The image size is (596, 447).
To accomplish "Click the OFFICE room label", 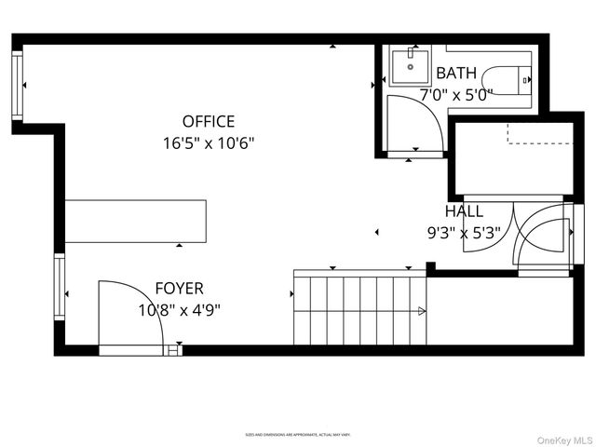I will click(x=209, y=121).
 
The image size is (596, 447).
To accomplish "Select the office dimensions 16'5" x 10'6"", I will click(x=209, y=143).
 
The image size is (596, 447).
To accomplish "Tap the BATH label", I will click(x=455, y=73).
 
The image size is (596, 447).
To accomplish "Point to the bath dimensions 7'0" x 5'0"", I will click(x=455, y=94).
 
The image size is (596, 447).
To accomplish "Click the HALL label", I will click(x=464, y=211).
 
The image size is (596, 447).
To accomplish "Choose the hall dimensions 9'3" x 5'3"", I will click(x=464, y=234).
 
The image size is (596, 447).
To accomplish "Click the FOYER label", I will click(x=179, y=289).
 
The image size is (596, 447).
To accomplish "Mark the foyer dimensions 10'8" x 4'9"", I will click(x=179, y=310).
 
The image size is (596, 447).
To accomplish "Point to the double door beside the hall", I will click(x=545, y=237).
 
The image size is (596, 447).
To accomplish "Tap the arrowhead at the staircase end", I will click(x=422, y=311).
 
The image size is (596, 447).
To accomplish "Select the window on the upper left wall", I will click(x=18, y=86).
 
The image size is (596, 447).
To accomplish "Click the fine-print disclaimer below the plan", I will click(x=297, y=434).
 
